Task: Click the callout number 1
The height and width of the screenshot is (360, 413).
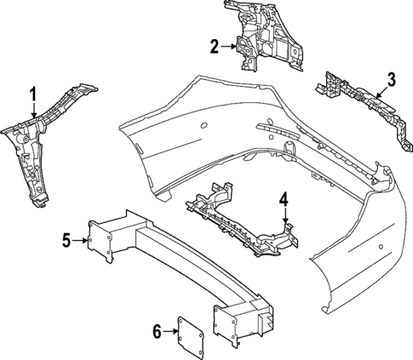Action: tap(34, 94)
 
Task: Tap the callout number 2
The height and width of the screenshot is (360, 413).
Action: tap(215, 47)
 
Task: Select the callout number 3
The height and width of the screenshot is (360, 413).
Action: tap(391, 79)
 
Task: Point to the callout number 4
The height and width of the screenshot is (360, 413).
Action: tap(284, 199)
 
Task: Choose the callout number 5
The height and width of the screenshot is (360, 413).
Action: tap(66, 241)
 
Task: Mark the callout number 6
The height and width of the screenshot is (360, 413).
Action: tap(157, 332)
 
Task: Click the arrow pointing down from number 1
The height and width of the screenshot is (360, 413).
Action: tap(34, 110)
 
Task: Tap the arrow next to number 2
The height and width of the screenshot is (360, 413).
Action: tap(228, 47)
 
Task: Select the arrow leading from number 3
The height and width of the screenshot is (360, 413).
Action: tap(382, 93)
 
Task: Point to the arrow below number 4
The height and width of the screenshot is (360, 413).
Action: tap(285, 214)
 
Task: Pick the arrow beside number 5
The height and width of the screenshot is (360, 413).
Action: tap(80, 241)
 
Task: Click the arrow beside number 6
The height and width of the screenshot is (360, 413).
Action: tap(170, 331)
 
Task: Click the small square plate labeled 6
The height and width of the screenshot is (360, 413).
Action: tap(191, 336)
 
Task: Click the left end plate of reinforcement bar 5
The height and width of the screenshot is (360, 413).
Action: tap(100, 241)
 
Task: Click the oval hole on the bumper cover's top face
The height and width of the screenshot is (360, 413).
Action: tap(204, 125)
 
